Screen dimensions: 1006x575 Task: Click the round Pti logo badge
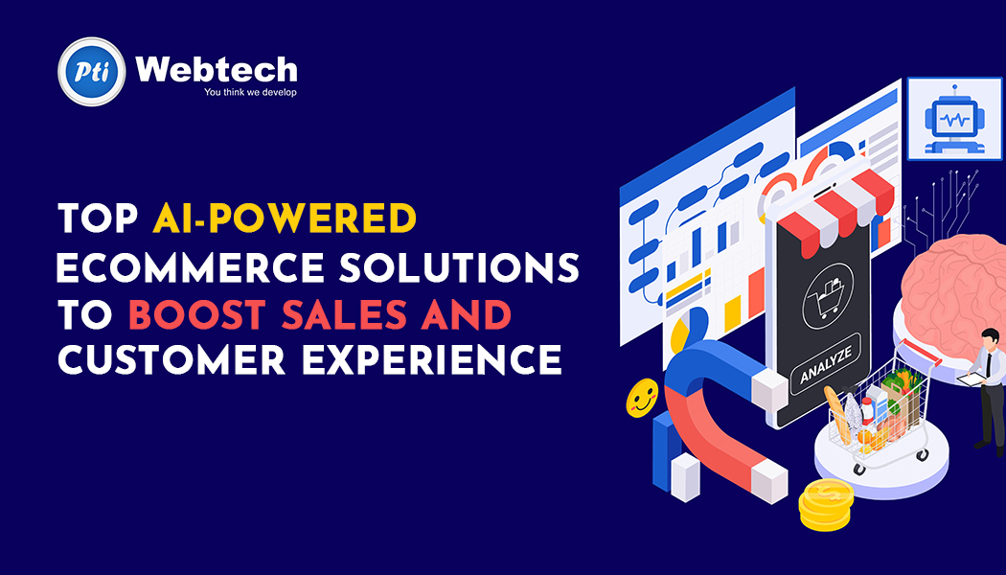[92, 71]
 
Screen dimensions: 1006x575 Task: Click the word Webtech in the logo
[217, 69]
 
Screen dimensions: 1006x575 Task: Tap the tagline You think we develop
[250, 92]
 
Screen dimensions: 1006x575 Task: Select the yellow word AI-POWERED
[285, 218]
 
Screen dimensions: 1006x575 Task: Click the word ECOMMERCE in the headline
[191, 267]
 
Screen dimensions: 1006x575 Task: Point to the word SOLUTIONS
[459, 267]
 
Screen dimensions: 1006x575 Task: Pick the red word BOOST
[197, 314]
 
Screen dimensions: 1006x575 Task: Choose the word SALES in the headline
[344, 314]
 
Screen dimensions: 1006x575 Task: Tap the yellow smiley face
[642, 399]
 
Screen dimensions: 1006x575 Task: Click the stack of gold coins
[826, 504]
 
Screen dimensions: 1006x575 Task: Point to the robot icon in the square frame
[954, 119]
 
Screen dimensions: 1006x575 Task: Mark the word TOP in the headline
[98, 218]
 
